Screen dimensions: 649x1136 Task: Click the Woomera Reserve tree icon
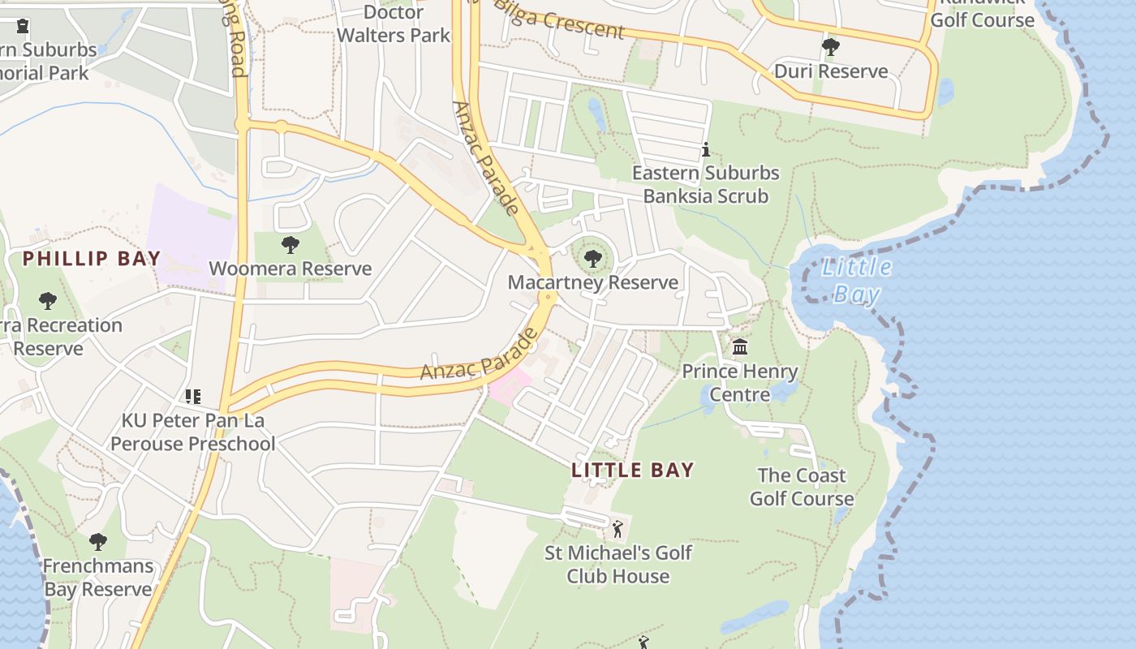pyautogui.click(x=290, y=244)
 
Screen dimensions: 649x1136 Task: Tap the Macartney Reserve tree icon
pyautogui.click(x=593, y=259)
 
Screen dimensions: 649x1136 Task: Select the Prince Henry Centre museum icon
pyautogui.click(x=740, y=347)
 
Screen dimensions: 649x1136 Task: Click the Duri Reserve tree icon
pyautogui.click(x=830, y=47)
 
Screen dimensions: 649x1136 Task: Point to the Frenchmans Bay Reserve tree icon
pyautogui.click(x=98, y=541)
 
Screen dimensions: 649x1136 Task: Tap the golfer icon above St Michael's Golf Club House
pyautogui.click(x=617, y=529)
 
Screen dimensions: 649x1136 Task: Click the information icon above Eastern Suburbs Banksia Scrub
pyautogui.click(x=706, y=149)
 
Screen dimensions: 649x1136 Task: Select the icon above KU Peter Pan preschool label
pyautogui.click(x=193, y=397)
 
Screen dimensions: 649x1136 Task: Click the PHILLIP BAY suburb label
pyautogui.click(x=92, y=259)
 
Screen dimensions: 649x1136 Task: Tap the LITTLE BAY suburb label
pyautogui.click(x=633, y=470)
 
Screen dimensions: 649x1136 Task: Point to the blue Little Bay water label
pyautogui.click(x=856, y=280)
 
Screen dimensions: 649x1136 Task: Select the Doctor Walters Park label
pyautogui.click(x=394, y=24)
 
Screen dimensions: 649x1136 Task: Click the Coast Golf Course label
pyautogui.click(x=802, y=487)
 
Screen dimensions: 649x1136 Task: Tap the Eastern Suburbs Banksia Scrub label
pyautogui.click(x=706, y=184)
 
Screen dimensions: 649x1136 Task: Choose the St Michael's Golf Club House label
pyautogui.click(x=618, y=565)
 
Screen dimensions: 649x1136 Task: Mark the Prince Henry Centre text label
pyautogui.click(x=740, y=383)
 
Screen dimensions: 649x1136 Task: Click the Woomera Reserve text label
pyautogui.click(x=290, y=269)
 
